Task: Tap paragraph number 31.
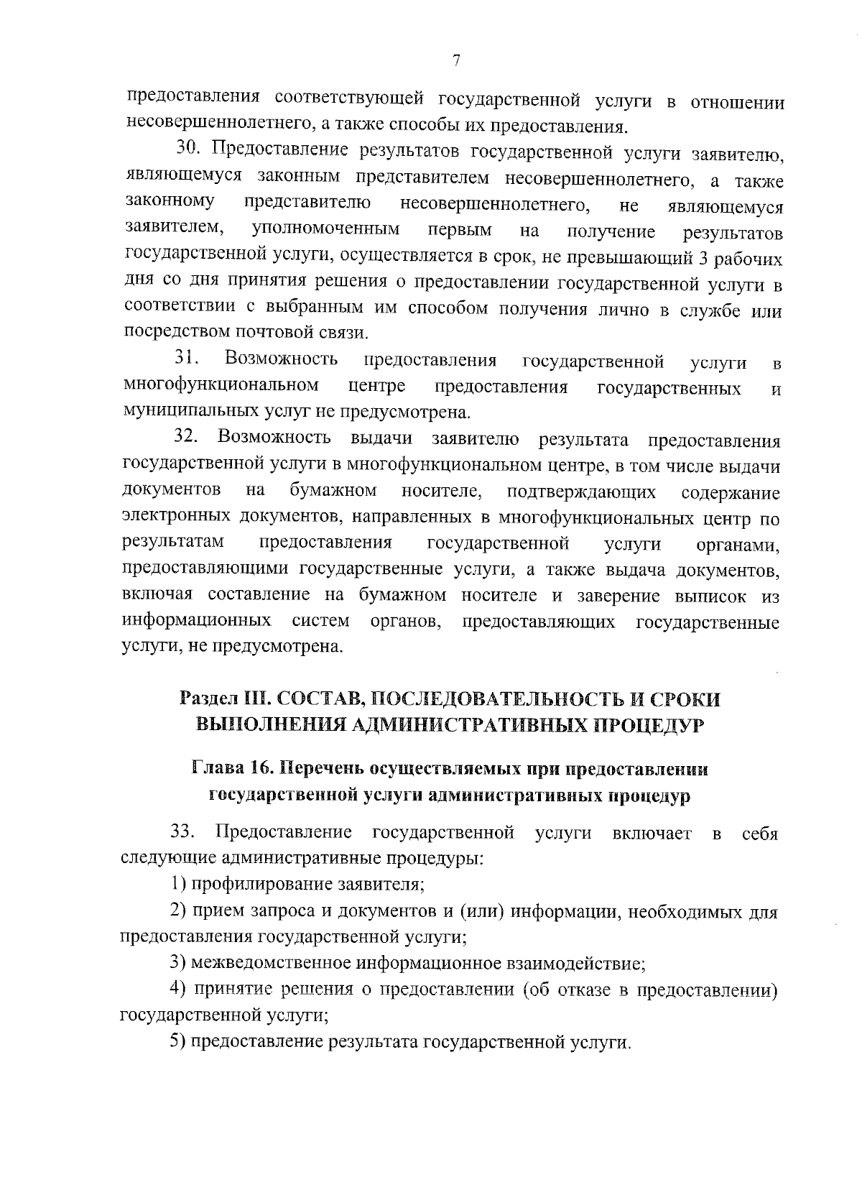[189, 358]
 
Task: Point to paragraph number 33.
[184, 832]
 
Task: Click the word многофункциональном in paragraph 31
[222, 386]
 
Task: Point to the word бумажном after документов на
[333, 491]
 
